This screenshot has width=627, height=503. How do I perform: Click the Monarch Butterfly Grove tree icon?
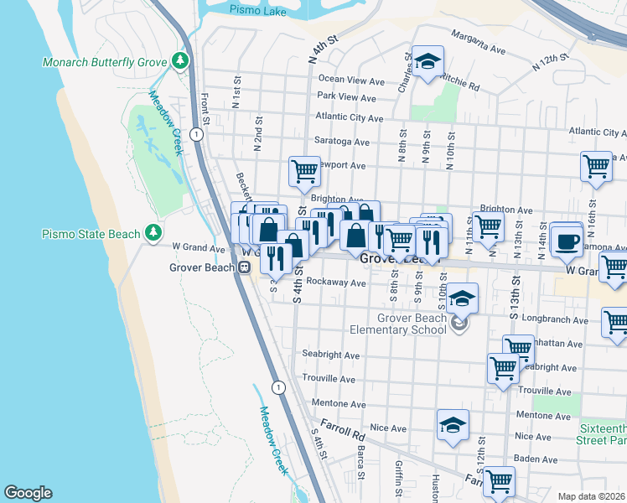tap(179, 61)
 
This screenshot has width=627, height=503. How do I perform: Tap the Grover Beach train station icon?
tap(244, 267)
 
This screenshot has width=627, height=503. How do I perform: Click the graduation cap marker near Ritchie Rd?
tap(428, 62)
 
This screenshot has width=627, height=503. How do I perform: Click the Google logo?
tap(28, 492)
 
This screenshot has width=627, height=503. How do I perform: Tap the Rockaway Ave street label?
tap(335, 283)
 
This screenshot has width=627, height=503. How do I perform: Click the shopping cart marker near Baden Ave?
tap(500, 481)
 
